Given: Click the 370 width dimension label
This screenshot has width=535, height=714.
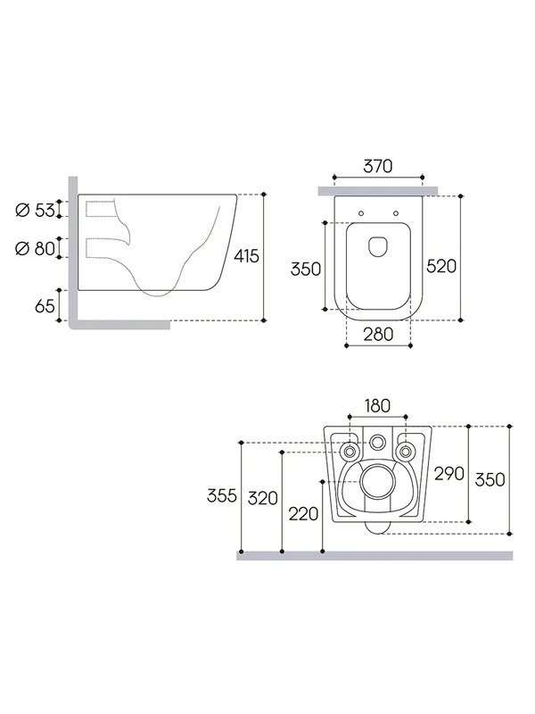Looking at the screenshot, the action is [x=377, y=166].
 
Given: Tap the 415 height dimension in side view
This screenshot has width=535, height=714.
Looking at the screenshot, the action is [x=247, y=256].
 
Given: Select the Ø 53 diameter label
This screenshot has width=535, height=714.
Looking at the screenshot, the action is [x=35, y=210].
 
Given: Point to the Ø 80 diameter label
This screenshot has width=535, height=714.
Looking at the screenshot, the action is [x=35, y=248].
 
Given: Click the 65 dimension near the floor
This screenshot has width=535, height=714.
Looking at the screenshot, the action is [x=45, y=306].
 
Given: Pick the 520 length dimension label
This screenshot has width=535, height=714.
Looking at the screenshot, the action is [x=441, y=266].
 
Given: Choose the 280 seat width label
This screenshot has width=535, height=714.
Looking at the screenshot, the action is [x=378, y=334].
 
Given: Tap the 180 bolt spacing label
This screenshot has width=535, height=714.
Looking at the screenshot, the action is [x=377, y=405].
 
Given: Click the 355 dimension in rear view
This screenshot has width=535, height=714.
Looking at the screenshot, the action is [x=221, y=495].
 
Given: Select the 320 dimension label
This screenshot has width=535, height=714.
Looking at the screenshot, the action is [x=262, y=498].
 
